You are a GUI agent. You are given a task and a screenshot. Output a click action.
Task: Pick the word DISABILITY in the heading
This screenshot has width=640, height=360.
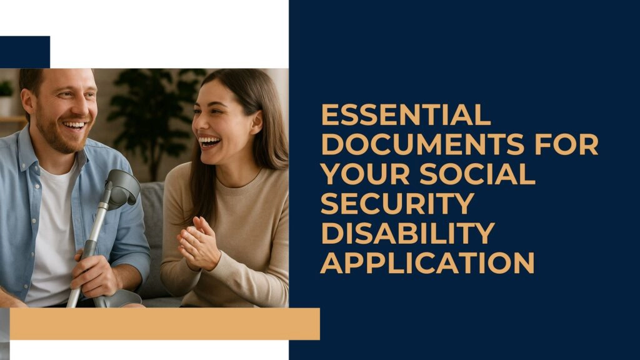click(407, 233)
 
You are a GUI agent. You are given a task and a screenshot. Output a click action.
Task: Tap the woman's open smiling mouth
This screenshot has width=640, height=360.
click(209, 142)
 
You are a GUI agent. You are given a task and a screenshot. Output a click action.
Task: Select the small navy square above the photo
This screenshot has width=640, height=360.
click(25, 52)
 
